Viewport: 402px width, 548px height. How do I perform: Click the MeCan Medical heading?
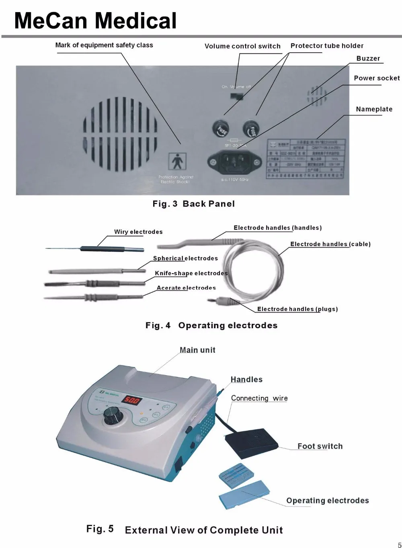coord(95,21)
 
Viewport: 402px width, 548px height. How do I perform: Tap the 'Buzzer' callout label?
coord(368,58)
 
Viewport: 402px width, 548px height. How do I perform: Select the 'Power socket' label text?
coord(377,78)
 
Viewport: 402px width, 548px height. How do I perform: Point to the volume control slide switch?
coord(237,96)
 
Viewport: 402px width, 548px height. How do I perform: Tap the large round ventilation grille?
coord(121,134)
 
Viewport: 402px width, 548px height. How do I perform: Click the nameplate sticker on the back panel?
coord(306,158)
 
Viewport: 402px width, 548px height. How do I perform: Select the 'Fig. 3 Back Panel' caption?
coord(193,204)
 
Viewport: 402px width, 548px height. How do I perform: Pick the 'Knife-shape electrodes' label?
coord(191,273)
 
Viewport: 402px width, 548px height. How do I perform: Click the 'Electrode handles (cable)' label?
coord(330,244)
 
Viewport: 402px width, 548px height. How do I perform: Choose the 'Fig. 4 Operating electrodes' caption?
coord(211,325)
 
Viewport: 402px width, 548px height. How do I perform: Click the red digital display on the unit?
coord(131,400)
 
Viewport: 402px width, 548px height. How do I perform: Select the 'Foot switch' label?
coord(320,446)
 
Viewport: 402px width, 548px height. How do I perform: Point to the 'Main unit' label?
coord(197,350)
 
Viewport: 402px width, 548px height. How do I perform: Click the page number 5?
coord(399,545)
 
